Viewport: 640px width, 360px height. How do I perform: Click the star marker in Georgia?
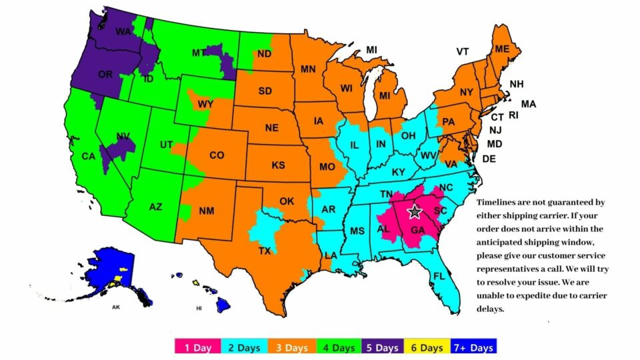[x=414, y=212]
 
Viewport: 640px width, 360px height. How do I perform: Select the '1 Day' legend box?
[x=198, y=347]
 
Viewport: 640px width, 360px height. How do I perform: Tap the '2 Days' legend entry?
[x=244, y=347]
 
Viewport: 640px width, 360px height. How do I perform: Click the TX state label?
[x=265, y=252]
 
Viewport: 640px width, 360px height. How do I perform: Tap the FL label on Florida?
[x=439, y=276]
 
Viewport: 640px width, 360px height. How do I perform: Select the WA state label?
[x=123, y=32]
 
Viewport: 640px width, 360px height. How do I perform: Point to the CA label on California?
[x=88, y=157]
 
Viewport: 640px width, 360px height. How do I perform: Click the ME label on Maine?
[x=502, y=49]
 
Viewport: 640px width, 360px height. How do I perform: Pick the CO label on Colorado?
[x=217, y=155]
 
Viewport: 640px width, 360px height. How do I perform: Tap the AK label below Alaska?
[x=116, y=308]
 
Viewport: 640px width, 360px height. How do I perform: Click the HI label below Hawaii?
[x=199, y=309]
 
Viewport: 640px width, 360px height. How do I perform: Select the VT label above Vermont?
[x=463, y=51]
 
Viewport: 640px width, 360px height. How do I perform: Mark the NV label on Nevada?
[x=123, y=137]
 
